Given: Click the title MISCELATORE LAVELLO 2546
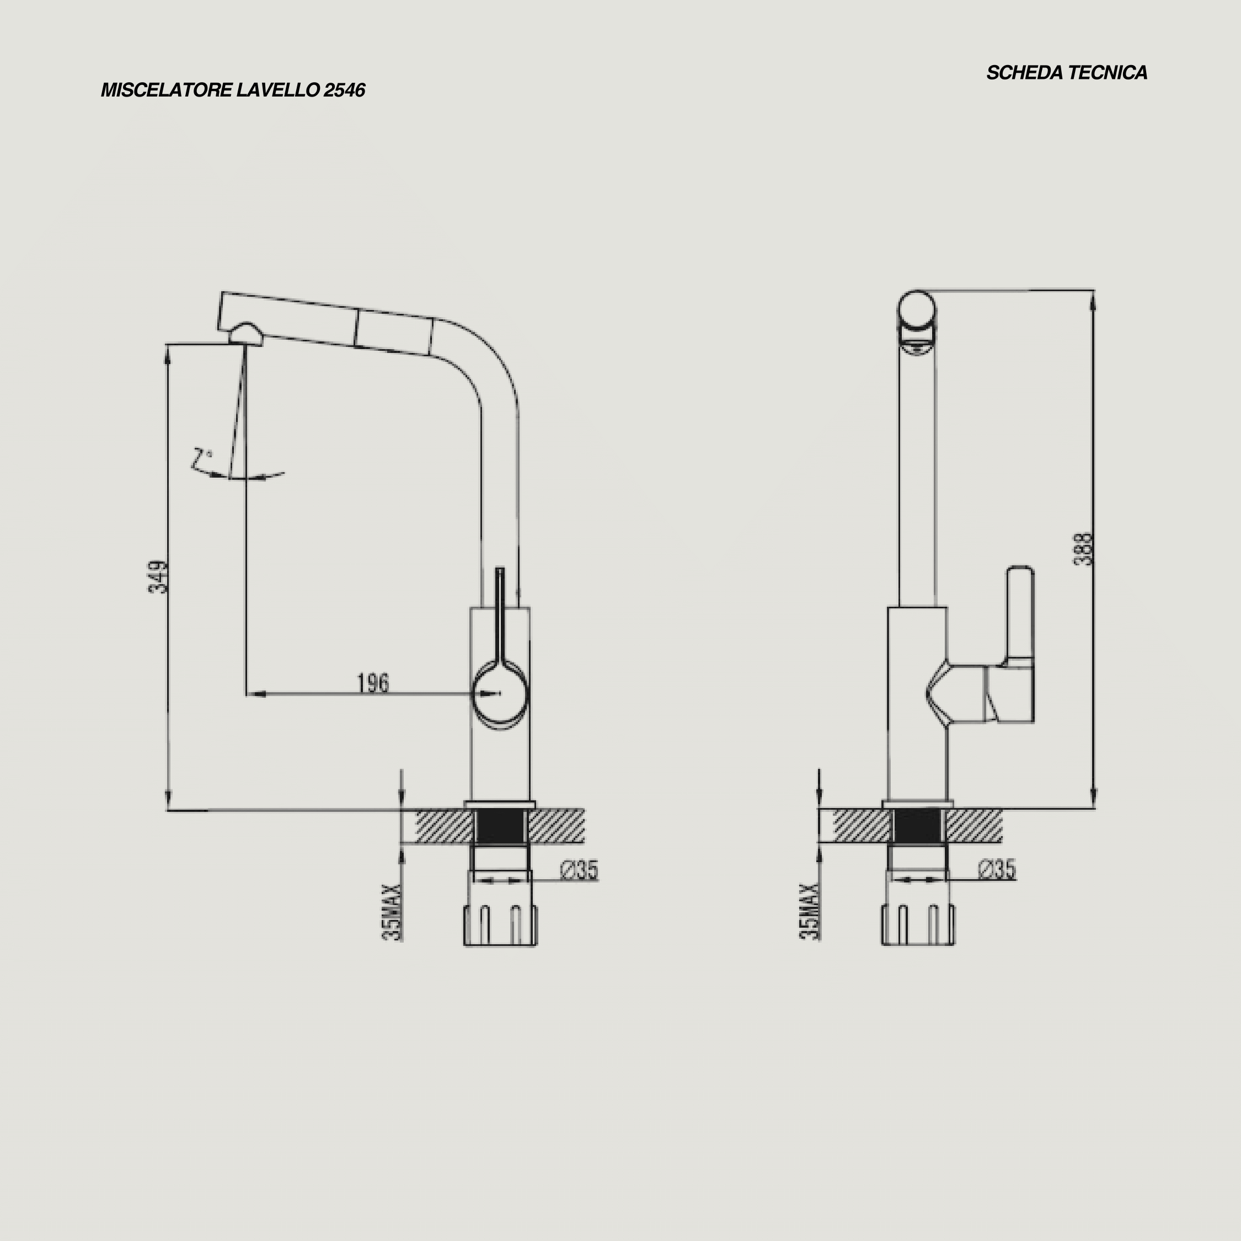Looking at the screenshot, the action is point(233,90).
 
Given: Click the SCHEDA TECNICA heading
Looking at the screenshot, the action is point(1067,73).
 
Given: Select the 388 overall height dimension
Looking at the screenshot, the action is point(1083,549).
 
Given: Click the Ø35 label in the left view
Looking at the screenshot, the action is point(579,870).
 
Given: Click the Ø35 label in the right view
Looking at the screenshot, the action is point(997,870).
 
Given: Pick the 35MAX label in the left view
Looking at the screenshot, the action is point(393,913).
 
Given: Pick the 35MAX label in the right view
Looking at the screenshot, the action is point(810,912).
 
